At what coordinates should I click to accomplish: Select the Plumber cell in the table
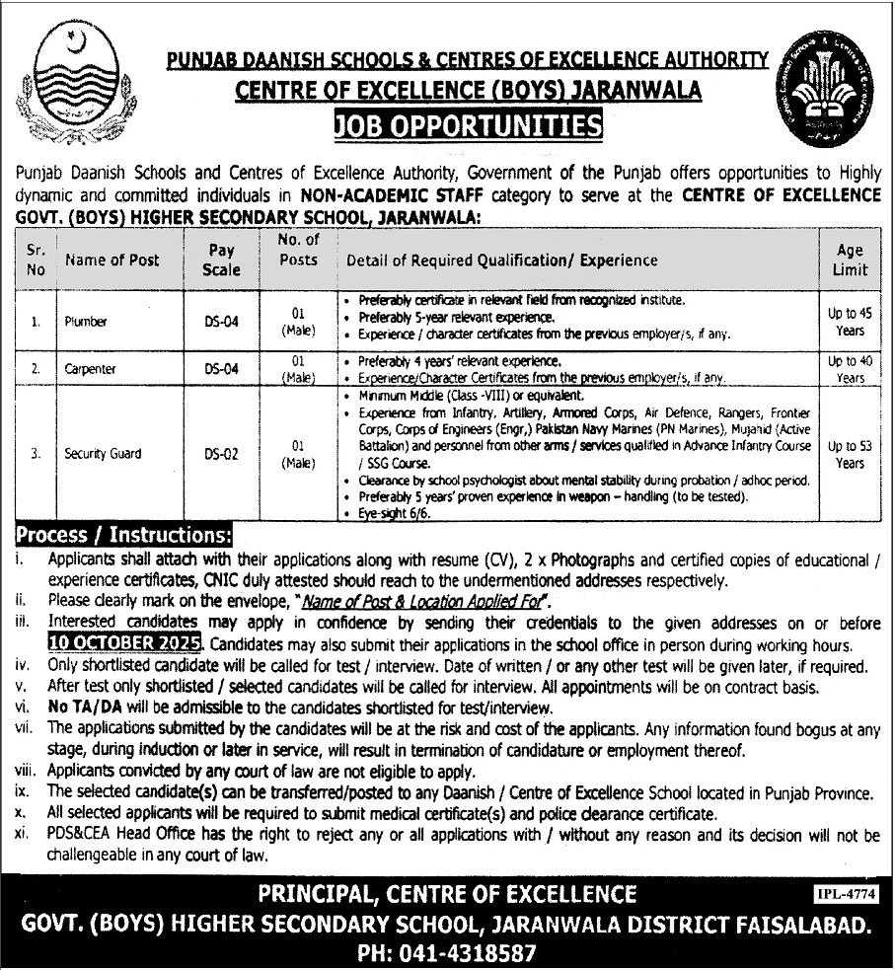click(x=87, y=321)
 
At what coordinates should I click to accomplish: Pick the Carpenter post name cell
click(x=91, y=368)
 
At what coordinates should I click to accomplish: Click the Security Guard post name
click(x=104, y=454)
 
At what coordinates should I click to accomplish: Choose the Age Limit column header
click(x=850, y=260)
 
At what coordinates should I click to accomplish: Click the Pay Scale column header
click(x=221, y=260)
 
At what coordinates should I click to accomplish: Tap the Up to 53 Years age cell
click(x=850, y=454)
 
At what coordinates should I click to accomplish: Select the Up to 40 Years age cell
click(x=850, y=369)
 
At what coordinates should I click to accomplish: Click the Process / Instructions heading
click(x=123, y=536)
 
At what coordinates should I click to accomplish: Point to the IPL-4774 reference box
click(x=847, y=894)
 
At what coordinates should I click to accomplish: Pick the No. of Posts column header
click(x=297, y=250)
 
